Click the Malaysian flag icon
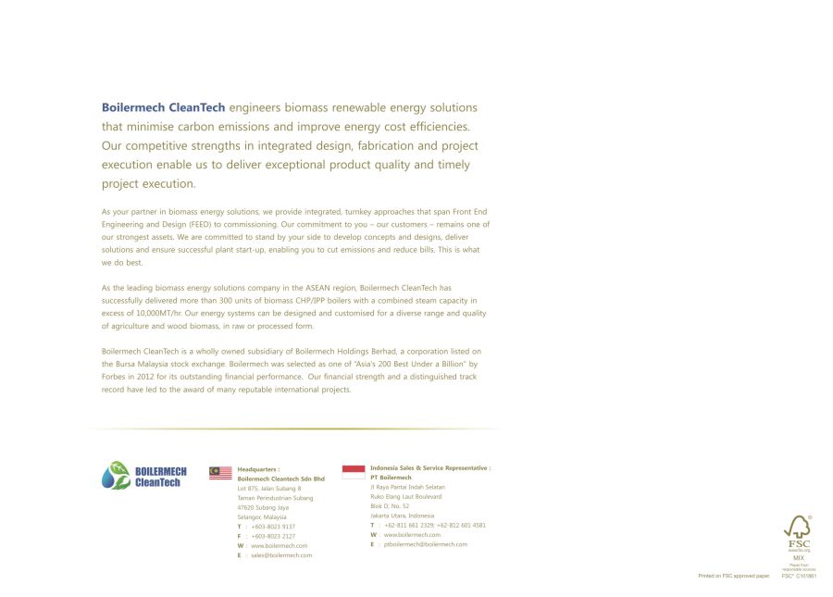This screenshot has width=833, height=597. coord(220,473)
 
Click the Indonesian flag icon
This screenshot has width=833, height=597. coord(354,471)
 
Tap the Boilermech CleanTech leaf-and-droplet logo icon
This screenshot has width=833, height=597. coord(116,475)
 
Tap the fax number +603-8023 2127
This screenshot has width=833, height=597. coord(273,536)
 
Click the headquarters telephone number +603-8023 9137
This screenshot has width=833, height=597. coord(273,527)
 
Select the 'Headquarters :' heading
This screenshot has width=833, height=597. coord(258,469)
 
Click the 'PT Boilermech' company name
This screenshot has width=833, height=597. coord(391,478)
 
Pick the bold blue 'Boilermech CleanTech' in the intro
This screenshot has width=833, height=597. coord(163,108)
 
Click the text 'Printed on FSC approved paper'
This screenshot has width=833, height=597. coord(734,576)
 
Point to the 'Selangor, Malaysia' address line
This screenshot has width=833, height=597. coord(262,516)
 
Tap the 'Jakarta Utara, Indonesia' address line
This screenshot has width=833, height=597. coord(402,516)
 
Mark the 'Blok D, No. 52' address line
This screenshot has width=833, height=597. coord(390,506)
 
